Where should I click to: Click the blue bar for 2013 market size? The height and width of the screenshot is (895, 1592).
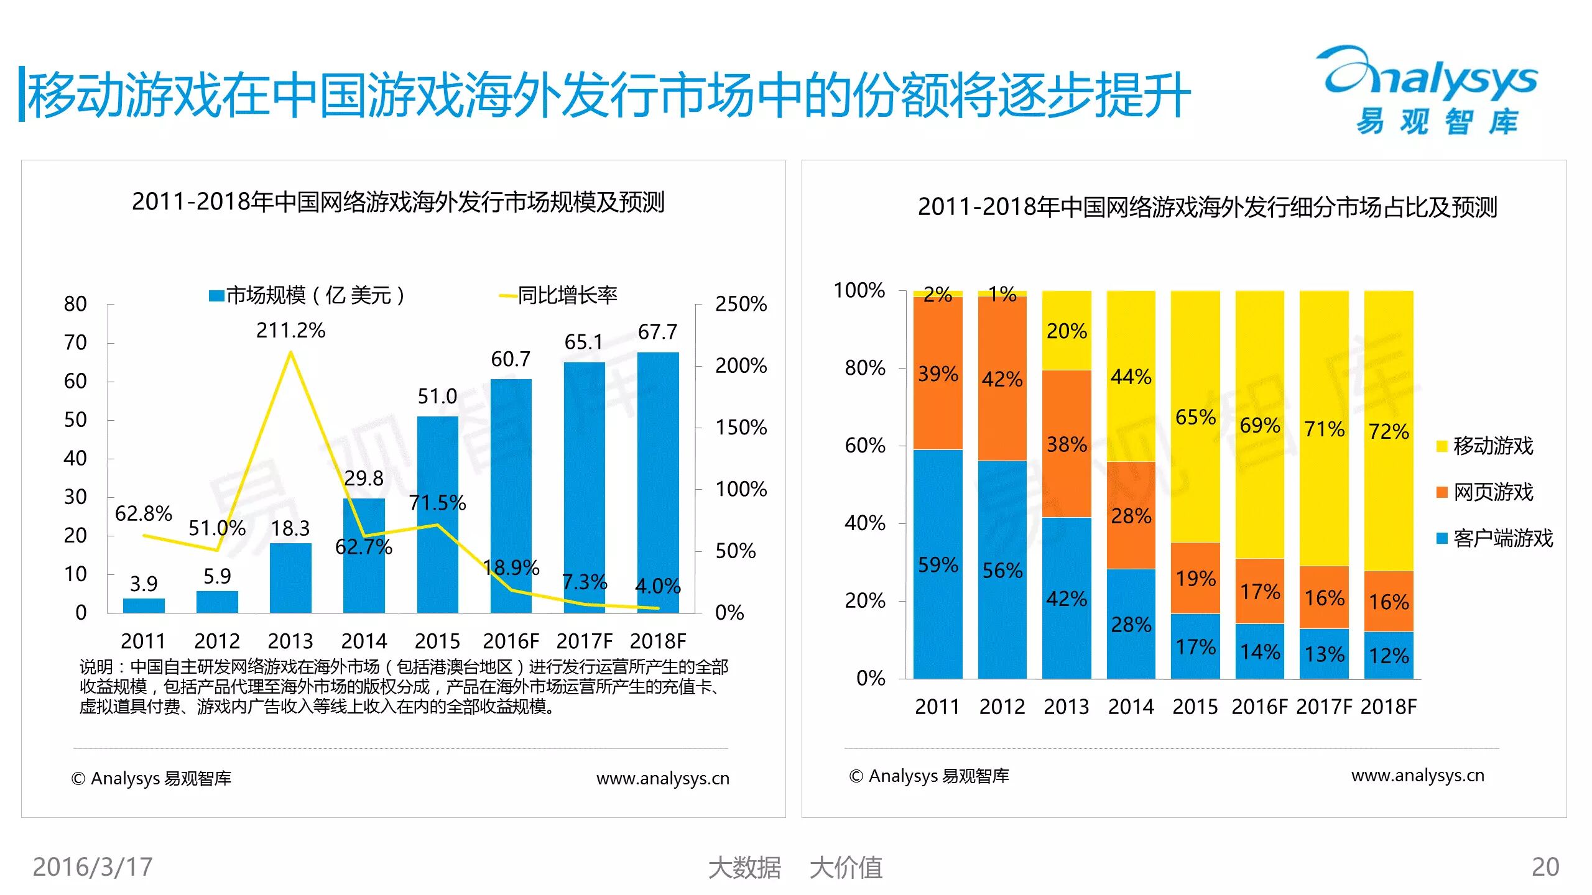coord(290,578)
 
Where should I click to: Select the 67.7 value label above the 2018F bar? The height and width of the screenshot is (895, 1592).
coord(657,332)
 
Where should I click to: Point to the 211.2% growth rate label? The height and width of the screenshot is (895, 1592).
coord(290,330)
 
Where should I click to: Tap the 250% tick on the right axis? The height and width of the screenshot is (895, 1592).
coord(741,304)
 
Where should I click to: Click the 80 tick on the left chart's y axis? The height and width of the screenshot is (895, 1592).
coord(75,304)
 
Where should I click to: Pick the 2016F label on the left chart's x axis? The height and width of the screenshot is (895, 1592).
coord(511,641)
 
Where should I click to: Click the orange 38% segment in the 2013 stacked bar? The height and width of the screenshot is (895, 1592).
coord(1067,444)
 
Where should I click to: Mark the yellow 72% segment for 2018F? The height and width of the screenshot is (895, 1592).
coord(1389,431)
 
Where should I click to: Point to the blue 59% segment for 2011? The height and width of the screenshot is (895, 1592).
coord(938,564)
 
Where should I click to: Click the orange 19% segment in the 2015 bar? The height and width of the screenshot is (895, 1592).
coord(1195,578)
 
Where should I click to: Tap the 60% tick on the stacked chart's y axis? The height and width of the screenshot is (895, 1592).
coord(864,446)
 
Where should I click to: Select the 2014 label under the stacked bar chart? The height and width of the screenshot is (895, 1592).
coord(1131,707)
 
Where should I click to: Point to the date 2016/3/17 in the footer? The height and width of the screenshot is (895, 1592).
coord(93,867)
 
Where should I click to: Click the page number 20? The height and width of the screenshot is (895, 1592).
coord(1545,867)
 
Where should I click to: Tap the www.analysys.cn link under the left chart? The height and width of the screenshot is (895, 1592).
coord(662,778)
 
